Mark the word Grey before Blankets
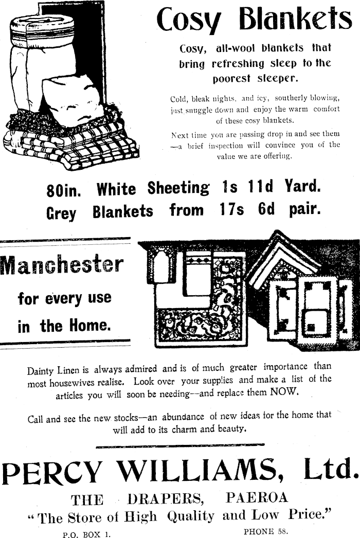click(61, 212)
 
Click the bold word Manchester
click(62, 265)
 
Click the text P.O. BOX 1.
click(86, 534)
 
